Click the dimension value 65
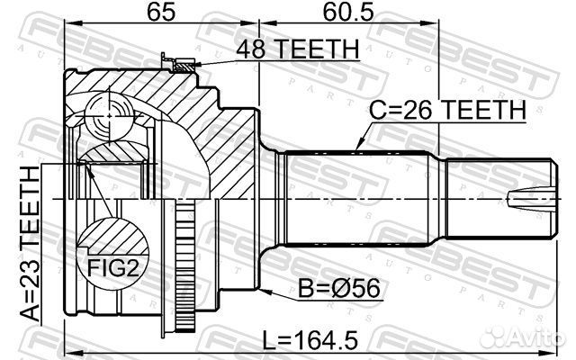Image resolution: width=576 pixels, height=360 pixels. click(161, 12)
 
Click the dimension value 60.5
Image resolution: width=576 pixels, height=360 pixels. click(348, 12)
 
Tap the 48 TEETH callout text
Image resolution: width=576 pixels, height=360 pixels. click(298, 49)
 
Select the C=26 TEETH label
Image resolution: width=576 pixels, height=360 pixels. click(447, 110)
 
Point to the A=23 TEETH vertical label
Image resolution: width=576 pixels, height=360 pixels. click(30, 244)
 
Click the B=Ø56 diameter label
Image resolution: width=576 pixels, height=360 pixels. click(338, 288)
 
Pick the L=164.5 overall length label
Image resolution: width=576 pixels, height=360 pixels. click(310, 340)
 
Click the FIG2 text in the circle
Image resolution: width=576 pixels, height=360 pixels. click(113, 268)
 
